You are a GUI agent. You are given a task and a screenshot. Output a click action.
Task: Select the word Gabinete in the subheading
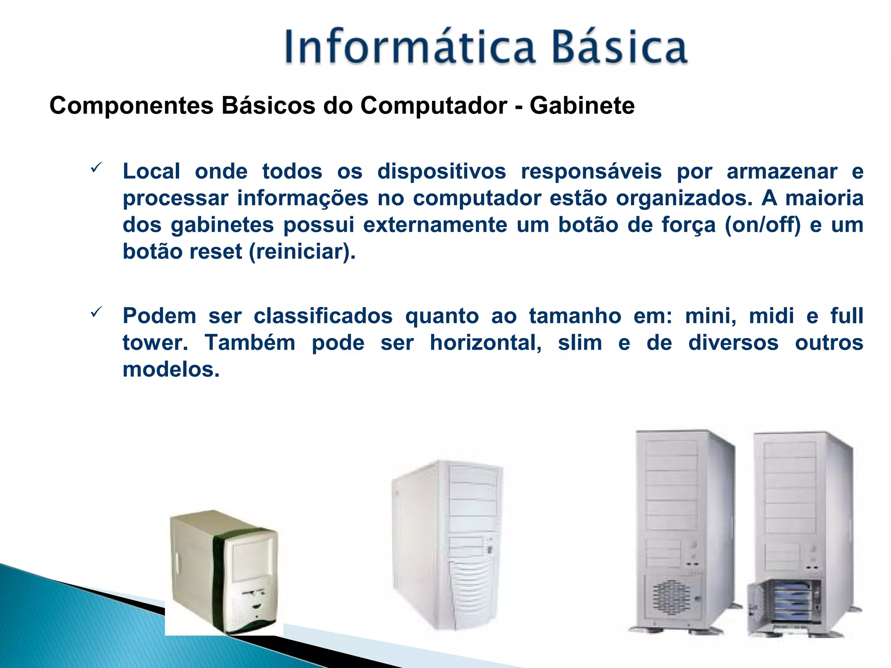pyautogui.click(x=582, y=106)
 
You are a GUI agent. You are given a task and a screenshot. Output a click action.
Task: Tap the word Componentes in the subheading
pyautogui.click(x=131, y=106)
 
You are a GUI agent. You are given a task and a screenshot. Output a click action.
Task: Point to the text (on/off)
pyautogui.click(x=762, y=225)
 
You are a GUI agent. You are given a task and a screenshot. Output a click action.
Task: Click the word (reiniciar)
pyautogui.click(x=302, y=252)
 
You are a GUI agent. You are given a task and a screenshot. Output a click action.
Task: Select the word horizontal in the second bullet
pyautogui.click(x=486, y=343)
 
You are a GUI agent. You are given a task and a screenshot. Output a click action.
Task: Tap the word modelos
pyautogui.click(x=171, y=370)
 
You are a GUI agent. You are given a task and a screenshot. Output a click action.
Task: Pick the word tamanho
pyautogui.click(x=575, y=316)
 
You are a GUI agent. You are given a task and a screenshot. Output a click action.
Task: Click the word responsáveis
pyautogui.click(x=591, y=171)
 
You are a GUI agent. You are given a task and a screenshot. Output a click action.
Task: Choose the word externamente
pyautogui.click(x=435, y=225)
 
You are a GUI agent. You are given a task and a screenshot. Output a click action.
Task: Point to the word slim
pyautogui.click(x=580, y=343)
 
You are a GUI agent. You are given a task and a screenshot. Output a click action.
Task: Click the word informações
pyautogui.click(x=303, y=198)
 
